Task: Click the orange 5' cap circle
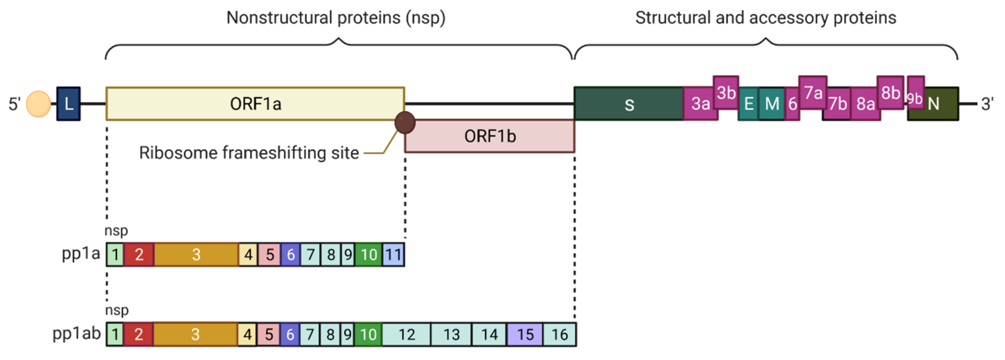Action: tap(38, 104)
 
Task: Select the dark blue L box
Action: tap(69, 104)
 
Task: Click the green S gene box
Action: tap(629, 104)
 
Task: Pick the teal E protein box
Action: tap(748, 104)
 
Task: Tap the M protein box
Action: tap(771, 104)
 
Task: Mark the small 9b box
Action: tap(915, 93)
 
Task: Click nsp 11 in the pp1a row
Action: tap(393, 255)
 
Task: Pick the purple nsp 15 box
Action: tap(525, 334)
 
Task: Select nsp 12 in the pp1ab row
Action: tap(406, 334)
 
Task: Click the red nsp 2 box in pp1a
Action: tap(139, 255)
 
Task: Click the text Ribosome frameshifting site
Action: tap(249, 153)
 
